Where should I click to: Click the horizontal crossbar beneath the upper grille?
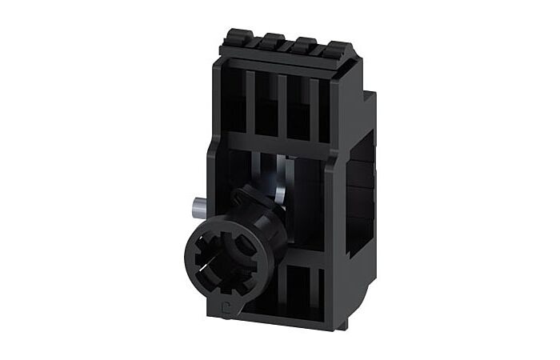280,143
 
